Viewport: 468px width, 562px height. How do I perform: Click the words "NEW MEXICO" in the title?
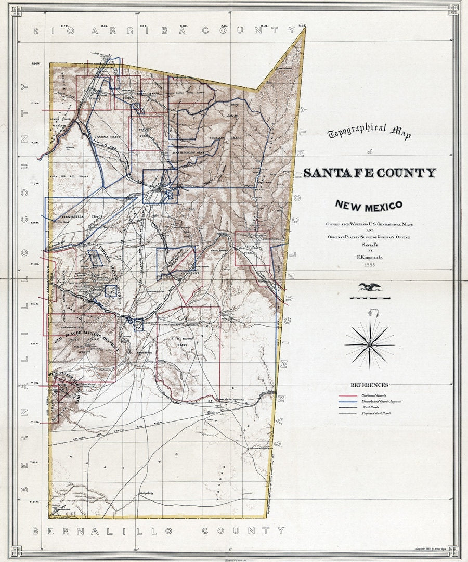[x=369, y=205]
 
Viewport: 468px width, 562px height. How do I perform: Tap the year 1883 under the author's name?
[x=369, y=265]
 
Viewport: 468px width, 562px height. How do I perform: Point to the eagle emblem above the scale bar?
[x=370, y=287]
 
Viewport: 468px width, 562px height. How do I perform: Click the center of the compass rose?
[x=370, y=344]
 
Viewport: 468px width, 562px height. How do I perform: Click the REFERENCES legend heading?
[x=369, y=385]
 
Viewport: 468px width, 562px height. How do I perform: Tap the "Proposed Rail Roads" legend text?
[x=376, y=413]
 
